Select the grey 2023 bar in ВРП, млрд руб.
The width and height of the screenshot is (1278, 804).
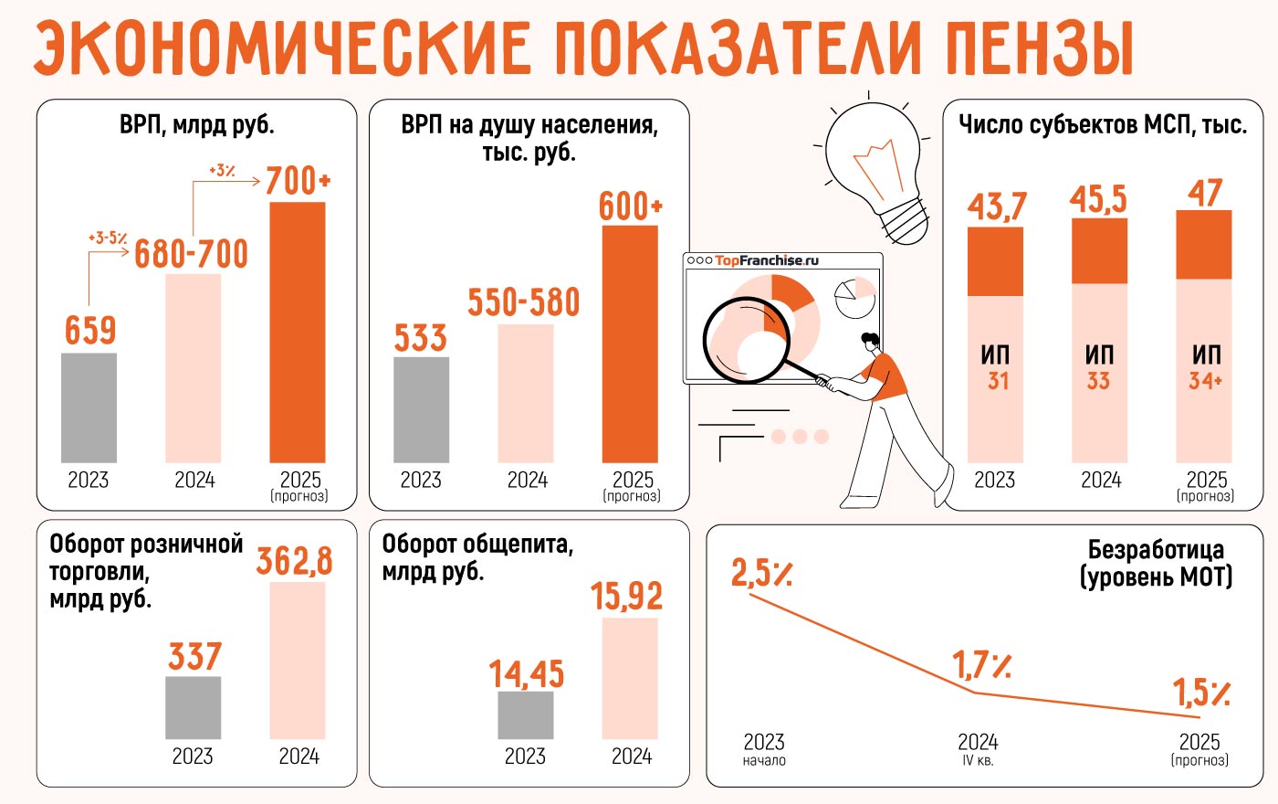89,407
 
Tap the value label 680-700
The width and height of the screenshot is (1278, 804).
192,254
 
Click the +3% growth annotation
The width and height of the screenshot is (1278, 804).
222,170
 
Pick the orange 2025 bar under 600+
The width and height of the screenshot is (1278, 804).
630,344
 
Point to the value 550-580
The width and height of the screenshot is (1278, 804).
524,302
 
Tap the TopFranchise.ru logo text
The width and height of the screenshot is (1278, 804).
767,260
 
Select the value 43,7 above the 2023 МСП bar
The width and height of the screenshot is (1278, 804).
997,206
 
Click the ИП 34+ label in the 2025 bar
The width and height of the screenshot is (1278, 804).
1206,367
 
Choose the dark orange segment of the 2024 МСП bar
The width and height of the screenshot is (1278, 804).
1099,251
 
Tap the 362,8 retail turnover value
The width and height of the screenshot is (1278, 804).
294,561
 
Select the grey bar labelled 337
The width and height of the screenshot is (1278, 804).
194,707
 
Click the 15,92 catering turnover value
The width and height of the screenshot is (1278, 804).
626,597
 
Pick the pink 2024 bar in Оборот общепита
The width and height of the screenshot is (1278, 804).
630,678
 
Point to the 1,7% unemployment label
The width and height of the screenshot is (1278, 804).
981,665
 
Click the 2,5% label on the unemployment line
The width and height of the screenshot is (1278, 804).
761,573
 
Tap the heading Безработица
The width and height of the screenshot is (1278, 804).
1156,549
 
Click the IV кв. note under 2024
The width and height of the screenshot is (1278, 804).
978,760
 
